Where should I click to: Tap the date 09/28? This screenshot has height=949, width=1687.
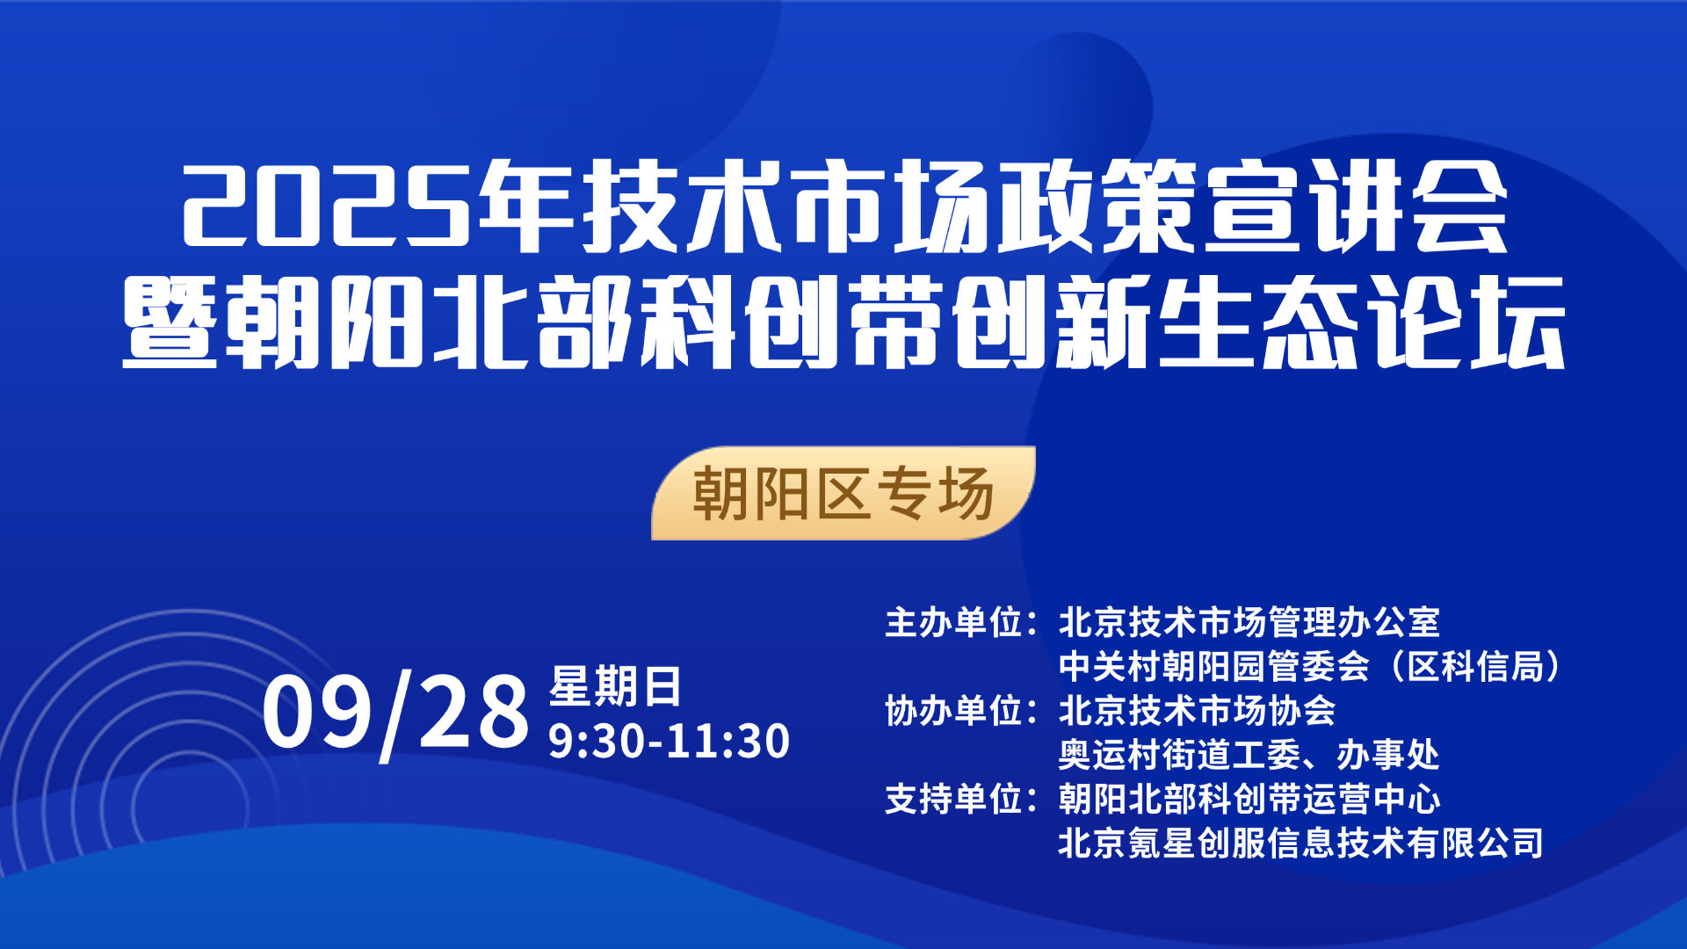(395, 713)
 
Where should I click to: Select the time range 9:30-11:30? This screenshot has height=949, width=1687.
(670, 741)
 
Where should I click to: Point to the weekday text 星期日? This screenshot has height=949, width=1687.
(615, 686)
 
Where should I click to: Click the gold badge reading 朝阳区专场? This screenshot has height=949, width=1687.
(843, 493)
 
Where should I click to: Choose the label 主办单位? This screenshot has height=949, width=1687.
(953, 622)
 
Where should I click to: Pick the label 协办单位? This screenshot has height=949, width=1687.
(953, 710)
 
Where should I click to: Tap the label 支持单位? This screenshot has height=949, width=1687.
(953, 799)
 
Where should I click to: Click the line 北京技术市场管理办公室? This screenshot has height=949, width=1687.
(1249, 622)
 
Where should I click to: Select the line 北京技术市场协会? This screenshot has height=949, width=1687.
(1197, 710)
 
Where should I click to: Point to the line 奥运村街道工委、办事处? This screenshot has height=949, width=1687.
(1249, 755)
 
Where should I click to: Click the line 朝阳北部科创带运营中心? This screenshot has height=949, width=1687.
(1249, 799)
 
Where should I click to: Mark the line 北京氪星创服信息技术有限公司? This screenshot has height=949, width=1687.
(1300, 843)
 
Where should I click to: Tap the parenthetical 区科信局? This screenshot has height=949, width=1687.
(1476, 666)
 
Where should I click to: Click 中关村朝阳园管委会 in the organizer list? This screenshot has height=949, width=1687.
(1213, 666)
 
